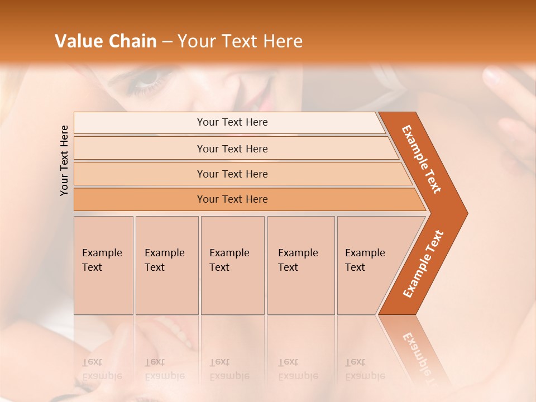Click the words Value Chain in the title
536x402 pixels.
(x=106, y=41)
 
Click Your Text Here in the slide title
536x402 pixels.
(x=240, y=41)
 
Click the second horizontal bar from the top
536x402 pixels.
(x=232, y=149)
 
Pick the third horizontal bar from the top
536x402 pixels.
(x=232, y=174)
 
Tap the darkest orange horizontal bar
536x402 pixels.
(x=232, y=199)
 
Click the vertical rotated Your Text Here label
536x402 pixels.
(x=64, y=160)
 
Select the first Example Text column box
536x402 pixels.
(x=103, y=265)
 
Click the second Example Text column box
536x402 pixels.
(x=166, y=265)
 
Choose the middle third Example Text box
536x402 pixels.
(x=232, y=265)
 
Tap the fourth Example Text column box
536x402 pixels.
(x=300, y=265)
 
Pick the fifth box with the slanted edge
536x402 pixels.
(x=366, y=265)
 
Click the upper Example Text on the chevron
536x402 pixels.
(x=422, y=159)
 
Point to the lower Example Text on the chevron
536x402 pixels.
(x=423, y=264)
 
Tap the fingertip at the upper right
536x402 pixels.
(x=491, y=75)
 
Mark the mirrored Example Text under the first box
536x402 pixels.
(x=102, y=369)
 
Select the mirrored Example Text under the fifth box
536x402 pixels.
(x=365, y=369)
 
